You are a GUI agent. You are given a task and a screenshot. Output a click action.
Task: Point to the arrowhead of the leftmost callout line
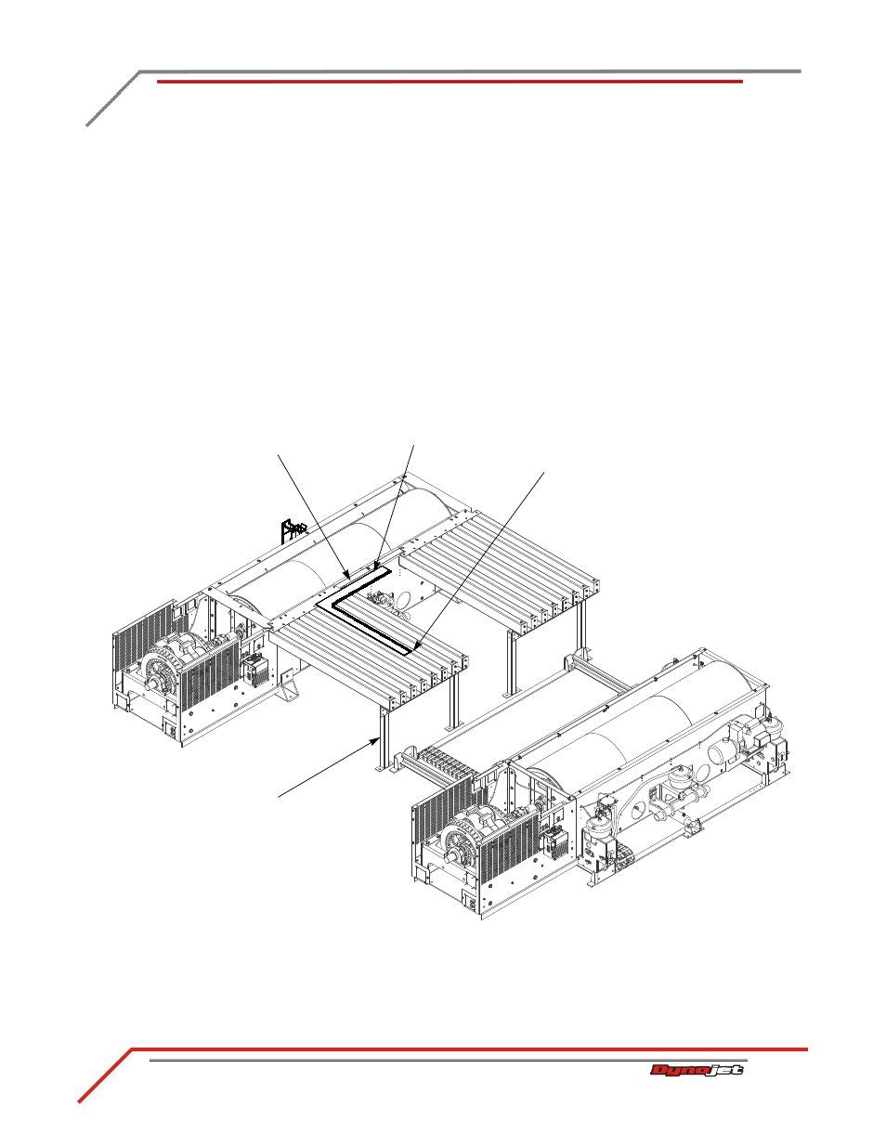click(347, 573)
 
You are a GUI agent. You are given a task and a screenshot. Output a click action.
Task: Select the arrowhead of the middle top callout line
click(376, 567)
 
